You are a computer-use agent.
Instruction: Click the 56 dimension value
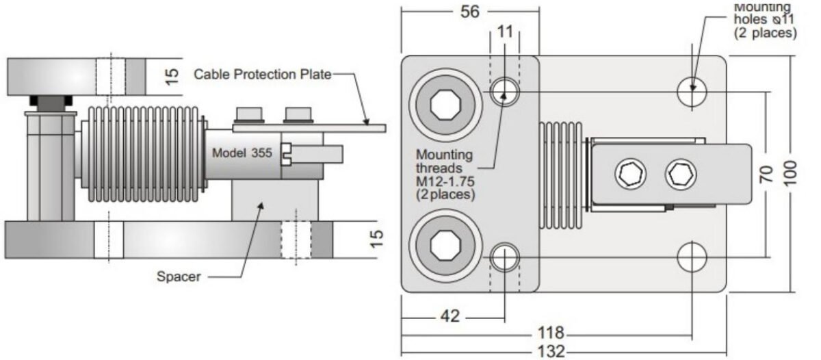[x=469, y=12]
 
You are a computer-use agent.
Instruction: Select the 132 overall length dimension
[x=551, y=351]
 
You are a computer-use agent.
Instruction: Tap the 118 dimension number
[x=551, y=333]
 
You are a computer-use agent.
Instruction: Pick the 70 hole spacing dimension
[x=767, y=174]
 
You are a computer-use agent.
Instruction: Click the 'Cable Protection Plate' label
[x=263, y=73]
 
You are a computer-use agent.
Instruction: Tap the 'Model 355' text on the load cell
[x=242, y=153]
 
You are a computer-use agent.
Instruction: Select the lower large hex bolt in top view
[x=445, y=244]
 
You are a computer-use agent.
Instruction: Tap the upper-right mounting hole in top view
[x=692, y=89]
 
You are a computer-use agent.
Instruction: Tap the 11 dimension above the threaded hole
[x=505, y=31]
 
